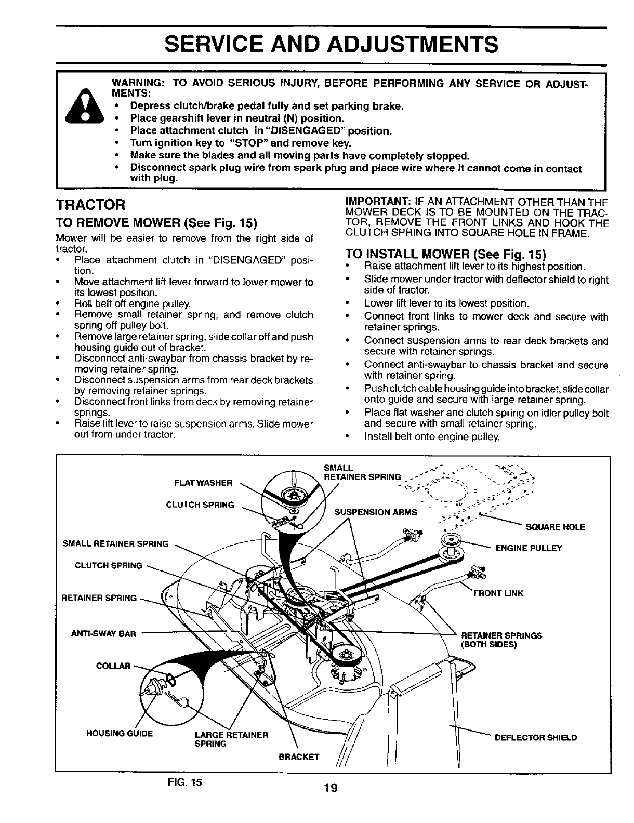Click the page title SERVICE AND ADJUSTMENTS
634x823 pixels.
point(332,45)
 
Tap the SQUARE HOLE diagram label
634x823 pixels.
point(556,527)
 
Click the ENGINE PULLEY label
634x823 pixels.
point(529,548)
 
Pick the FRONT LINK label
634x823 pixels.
point(498,593)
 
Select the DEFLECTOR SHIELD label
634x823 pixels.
point(536,738)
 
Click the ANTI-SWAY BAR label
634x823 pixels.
point(103,633)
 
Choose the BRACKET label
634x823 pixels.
point(299,756)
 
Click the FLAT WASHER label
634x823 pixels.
point(203,483)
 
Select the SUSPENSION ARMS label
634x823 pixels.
point(376,512)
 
